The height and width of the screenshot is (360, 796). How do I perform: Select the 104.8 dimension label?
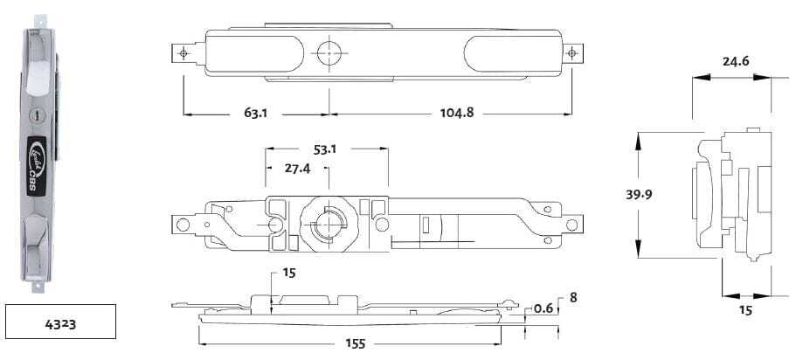[x=452, y=114]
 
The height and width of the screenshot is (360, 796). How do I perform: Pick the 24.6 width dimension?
[x=735, y=61]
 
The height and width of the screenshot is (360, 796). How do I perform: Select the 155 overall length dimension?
[x=354, y=344]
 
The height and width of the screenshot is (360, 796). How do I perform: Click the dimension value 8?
[x=572, y=297]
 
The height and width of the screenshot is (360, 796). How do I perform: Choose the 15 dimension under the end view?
[x=744, y=310]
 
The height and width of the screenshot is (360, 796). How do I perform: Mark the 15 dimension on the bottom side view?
[x=289, y=273]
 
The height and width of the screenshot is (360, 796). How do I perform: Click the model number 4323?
[x=60, y=322]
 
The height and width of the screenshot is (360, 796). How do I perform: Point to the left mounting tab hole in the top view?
[x=183, y=53]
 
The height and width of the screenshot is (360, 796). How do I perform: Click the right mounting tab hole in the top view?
[x=572, y=53]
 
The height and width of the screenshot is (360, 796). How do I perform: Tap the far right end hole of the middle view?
[x=572, y=225]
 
